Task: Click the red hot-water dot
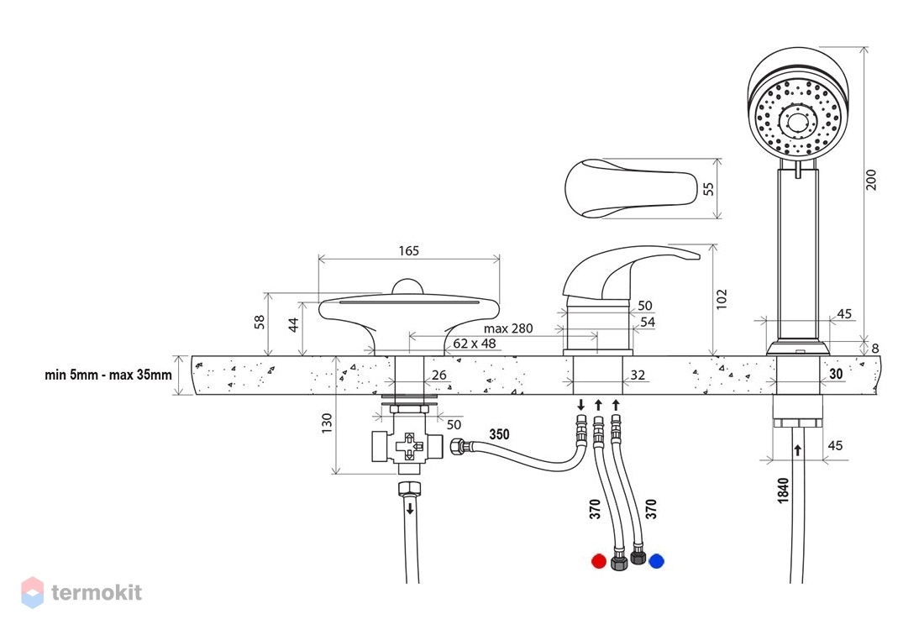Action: [599, 561]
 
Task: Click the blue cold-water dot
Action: [656, 561]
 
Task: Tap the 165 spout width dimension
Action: [408, 251]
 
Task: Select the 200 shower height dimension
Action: [871, 180]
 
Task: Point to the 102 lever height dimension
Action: [722, 299]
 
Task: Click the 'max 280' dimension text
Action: [508, 328]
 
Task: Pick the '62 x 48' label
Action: [475, 343]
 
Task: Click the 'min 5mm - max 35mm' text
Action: [108, 375]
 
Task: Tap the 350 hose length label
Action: [499, 434]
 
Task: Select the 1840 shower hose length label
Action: [783, 491]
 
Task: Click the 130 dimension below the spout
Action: [327, 423]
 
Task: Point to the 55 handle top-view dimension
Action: [708, 189]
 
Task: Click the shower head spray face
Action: [798, 118]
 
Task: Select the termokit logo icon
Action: [33, 592]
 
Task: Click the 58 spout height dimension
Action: [260, 323]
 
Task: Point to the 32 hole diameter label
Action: [638, 375]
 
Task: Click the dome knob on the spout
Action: [407, 287]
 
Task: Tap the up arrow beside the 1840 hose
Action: [798, 450]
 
